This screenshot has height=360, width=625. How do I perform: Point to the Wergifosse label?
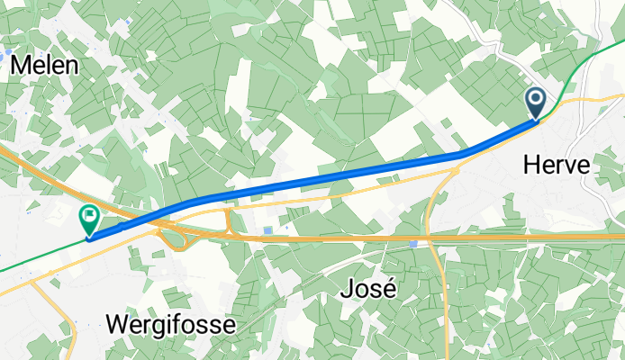[x=171, y=324]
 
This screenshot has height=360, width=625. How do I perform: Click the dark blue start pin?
[x=535, y=101]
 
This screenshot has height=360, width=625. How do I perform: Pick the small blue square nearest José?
[x=412, y=242]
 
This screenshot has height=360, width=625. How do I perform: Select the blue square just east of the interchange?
[x=267, y=231]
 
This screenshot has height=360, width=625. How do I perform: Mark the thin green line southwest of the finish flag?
[x=36, y=256]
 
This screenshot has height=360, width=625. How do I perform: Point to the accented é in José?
[x=389, y=289]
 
